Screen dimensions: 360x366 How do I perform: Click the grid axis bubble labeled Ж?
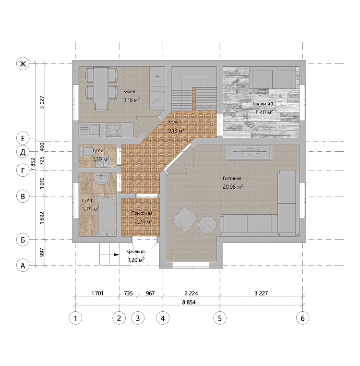pos(23,64)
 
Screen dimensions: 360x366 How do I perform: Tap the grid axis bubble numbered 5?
pos(220,318)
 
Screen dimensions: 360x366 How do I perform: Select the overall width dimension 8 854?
pos(189,302)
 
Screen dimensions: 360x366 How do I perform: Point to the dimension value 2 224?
pos(192,293)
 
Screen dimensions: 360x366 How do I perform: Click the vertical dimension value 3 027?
pos(42,102)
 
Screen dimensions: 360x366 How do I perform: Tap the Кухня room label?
pos(129,91)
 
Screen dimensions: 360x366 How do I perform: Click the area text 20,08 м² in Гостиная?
pos(233,187)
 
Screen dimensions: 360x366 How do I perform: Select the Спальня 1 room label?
pos(263,104)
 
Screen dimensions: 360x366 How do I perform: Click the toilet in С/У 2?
pos(85,151)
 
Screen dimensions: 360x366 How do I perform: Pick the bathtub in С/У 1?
pos(107,216)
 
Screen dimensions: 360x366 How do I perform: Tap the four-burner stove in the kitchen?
pos(114,130)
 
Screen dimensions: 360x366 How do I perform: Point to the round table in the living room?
pos(207,225)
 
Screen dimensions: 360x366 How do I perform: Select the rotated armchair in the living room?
pos(185,220)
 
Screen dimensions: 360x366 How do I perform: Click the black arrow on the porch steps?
pos(117,255)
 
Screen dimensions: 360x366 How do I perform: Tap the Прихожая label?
pos(142,213)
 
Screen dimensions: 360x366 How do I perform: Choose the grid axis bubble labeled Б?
pos(23,240)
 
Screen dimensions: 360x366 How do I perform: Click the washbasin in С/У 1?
pos(100,179)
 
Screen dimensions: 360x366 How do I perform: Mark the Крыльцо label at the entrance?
pos(135,251)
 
